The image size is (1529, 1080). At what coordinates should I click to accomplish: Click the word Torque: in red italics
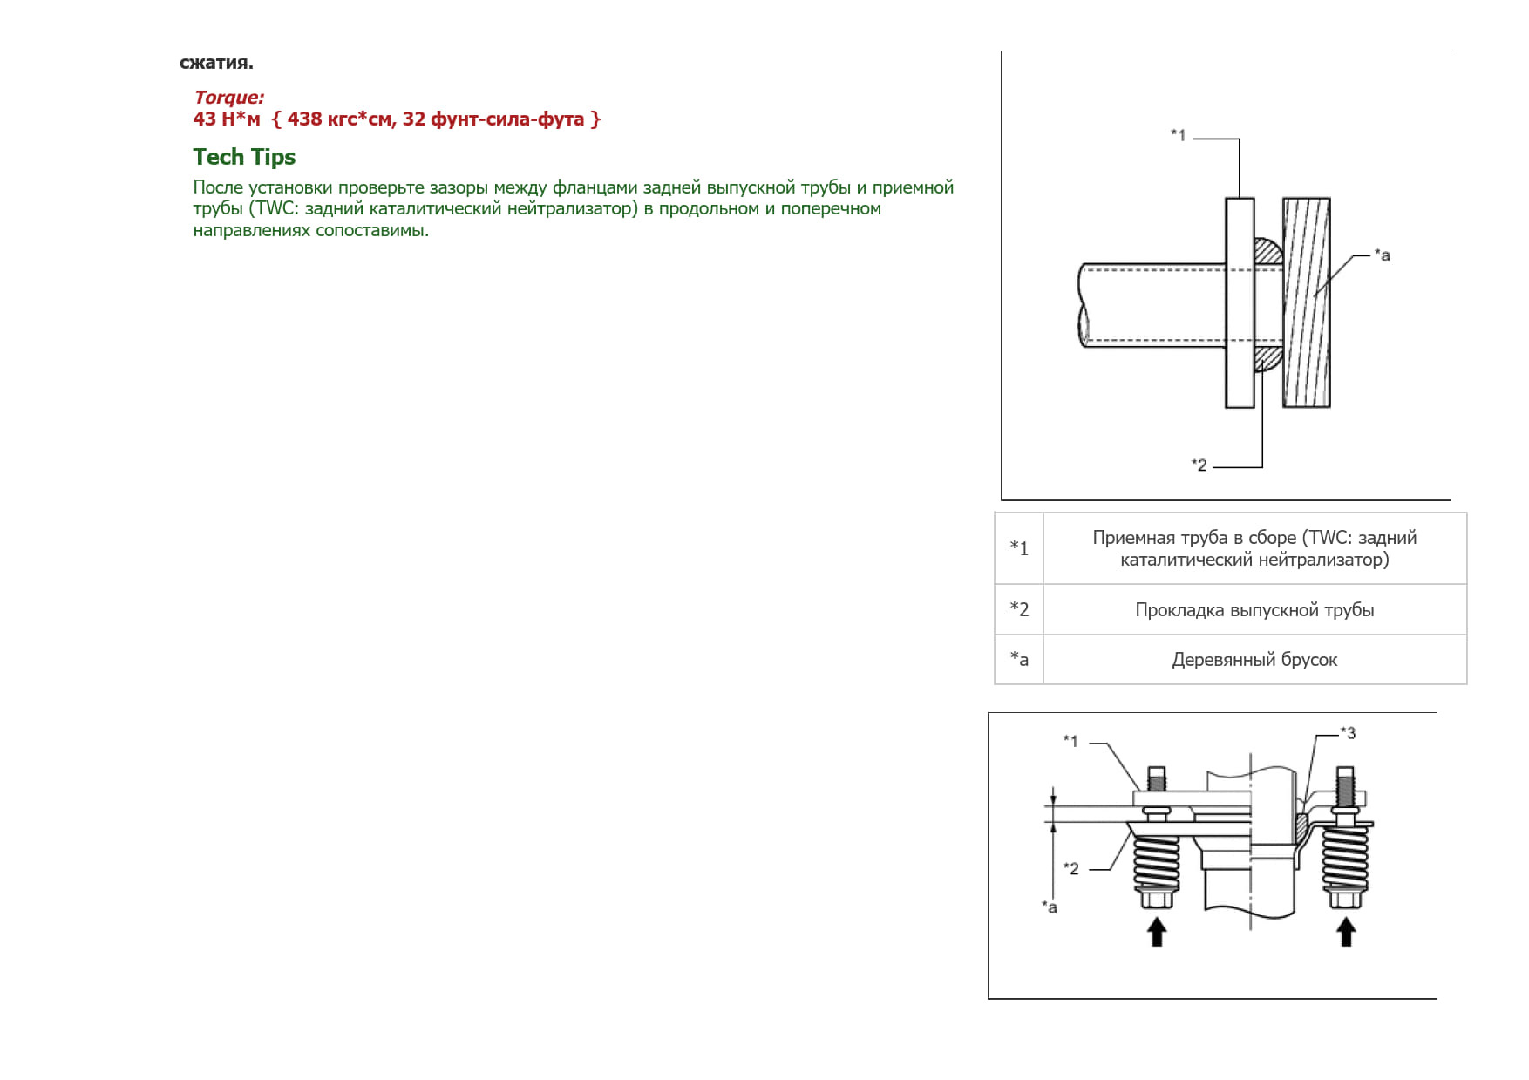coord(228,98)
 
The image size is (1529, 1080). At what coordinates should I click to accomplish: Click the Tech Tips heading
coord(244,157)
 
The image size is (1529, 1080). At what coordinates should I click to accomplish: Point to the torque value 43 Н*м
coord(227,119)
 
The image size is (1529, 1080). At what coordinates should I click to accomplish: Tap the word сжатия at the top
coord(214,63)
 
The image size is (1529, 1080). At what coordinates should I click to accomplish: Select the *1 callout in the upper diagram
coord(1178,135)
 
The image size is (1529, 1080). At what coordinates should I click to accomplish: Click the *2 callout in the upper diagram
coord(1199,465)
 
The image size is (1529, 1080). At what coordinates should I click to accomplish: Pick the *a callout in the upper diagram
coord(1382,255)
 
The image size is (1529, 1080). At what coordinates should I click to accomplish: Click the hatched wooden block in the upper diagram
coord(1306,302)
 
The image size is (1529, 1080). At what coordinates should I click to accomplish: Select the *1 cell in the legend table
coord(1019,548)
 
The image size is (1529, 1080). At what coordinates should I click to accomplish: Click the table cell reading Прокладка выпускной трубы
coord(1254,609)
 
